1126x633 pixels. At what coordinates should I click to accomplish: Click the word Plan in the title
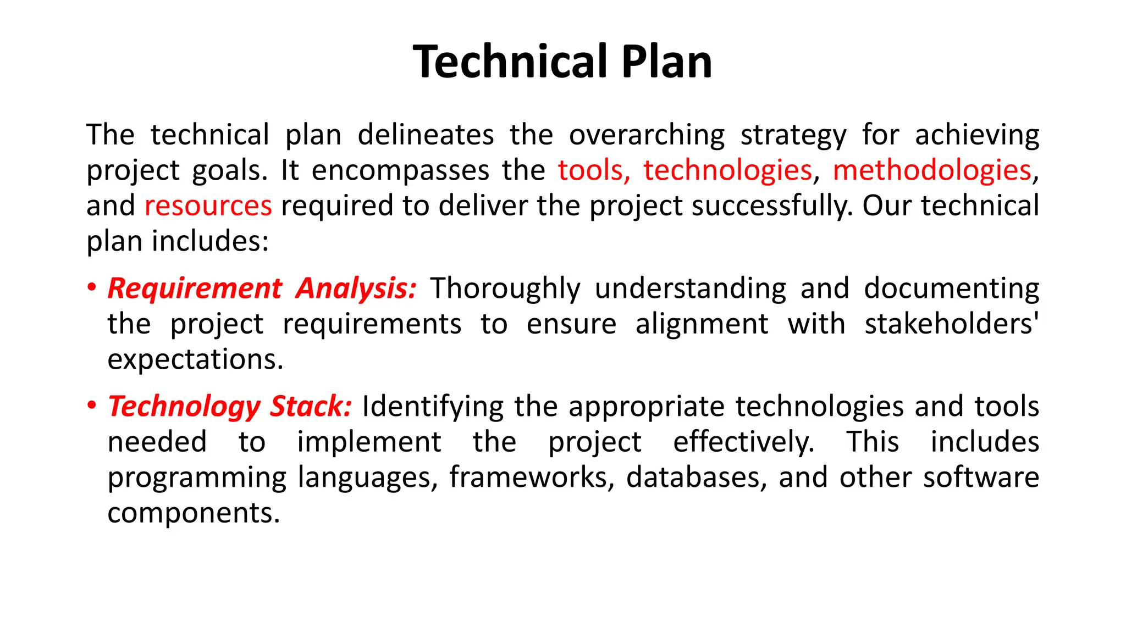666,62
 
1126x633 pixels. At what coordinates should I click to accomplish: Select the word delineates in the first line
426,135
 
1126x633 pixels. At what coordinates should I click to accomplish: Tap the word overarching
647,135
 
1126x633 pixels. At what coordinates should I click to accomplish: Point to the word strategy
793,135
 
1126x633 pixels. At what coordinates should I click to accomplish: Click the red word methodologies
932,170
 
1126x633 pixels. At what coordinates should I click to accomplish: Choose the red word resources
208,206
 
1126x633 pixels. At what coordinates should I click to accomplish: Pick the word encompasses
400,170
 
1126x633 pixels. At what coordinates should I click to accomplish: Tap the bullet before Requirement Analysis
92,288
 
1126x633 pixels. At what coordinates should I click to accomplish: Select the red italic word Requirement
195,288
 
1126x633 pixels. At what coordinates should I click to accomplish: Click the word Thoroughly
505,288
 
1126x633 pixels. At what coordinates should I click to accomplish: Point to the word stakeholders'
952,324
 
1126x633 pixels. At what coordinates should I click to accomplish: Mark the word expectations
195,359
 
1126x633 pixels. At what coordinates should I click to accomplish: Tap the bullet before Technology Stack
92,406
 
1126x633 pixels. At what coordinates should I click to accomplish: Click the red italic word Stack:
310,406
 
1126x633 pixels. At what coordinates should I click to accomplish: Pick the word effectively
743,442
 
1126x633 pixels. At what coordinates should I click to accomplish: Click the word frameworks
532,477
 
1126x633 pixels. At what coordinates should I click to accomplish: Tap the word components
194,513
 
